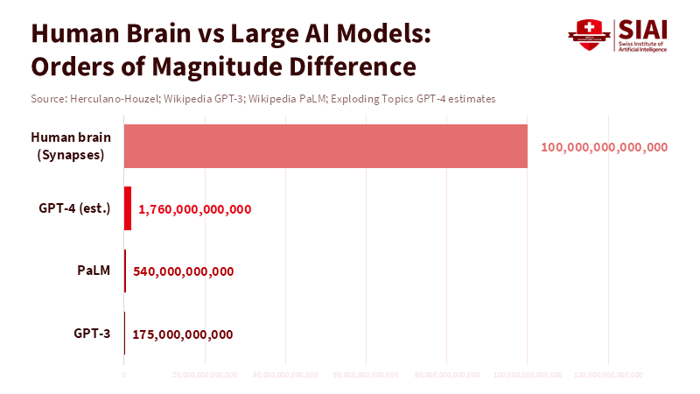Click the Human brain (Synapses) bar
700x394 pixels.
pos(325,146)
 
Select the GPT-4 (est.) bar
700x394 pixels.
pos(128,208)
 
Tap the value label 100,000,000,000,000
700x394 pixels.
pos(605,147)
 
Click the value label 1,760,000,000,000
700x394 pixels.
pos(195,209)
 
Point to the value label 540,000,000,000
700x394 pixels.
pos(183,271)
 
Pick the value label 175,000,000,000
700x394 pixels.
pos(182,334)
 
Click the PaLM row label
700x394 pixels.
pos(94,271)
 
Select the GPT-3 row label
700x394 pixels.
pos(91,333)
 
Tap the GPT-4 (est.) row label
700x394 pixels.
pos(74,208)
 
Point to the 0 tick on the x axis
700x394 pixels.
pos(124,375)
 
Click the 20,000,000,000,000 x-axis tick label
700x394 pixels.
pos(205,375)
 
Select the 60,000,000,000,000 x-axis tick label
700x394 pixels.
pos(367,375)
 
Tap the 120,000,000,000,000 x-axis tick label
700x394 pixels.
pos(609,375)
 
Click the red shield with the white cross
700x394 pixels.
pos(587,35)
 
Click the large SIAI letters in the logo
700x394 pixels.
pos(642,29)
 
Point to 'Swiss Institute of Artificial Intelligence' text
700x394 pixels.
pos(642,47)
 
